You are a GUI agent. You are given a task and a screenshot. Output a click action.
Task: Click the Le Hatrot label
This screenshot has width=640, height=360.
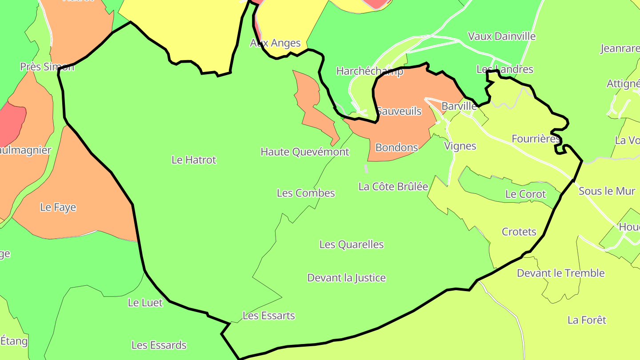194,160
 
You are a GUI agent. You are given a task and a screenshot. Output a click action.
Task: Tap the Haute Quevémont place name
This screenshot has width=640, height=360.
305,152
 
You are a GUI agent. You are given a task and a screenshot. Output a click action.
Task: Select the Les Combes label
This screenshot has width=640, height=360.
306,193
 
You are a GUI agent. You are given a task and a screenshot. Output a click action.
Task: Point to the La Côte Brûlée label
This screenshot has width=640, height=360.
393,187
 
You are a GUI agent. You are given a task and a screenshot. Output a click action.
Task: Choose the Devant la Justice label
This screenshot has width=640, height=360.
347,278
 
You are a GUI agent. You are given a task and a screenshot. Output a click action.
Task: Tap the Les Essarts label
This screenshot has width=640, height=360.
268,316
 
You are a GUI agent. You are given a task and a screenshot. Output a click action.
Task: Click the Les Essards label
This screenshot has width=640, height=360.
159,345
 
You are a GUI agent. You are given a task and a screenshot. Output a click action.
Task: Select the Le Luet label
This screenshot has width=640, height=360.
145,303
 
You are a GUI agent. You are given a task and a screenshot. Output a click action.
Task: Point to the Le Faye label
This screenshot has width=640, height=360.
58,208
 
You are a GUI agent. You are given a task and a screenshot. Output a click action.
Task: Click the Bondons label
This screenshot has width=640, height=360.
397,148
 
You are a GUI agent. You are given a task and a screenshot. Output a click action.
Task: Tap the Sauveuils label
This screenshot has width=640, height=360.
399,112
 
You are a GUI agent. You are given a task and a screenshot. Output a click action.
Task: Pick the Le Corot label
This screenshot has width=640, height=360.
526,194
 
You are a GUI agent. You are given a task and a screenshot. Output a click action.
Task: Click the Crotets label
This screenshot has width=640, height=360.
519,232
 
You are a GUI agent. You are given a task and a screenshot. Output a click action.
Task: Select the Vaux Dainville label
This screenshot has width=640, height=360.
502,36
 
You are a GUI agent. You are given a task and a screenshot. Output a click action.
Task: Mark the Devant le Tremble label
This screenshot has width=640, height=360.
560,273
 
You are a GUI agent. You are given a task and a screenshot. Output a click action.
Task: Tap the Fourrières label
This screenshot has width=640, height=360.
536,139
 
